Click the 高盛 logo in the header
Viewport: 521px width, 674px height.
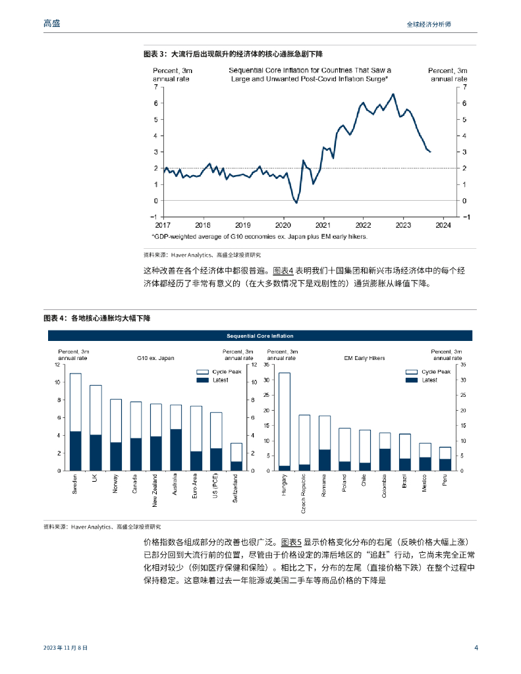click(51, 23)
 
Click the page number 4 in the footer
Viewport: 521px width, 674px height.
click(476, 647)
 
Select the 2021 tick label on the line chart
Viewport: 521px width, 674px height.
click(323, 224)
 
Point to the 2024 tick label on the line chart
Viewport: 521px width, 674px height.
click(443, 224)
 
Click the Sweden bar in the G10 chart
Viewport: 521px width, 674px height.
click(76, 422)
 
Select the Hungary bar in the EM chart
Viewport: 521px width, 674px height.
click(285, 421)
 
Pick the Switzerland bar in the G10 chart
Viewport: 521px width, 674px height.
click(235, 457)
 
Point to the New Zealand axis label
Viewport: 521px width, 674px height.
click(155, 490)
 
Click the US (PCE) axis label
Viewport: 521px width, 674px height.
click(215, 486)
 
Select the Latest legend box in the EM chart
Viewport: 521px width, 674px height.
click(411, 380)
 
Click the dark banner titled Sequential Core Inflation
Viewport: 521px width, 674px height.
click(260, 335)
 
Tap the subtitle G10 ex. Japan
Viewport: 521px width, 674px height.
click(155, 358)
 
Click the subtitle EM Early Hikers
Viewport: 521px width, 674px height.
click(364, 358)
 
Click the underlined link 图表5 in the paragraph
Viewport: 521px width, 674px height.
click(290, 542)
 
